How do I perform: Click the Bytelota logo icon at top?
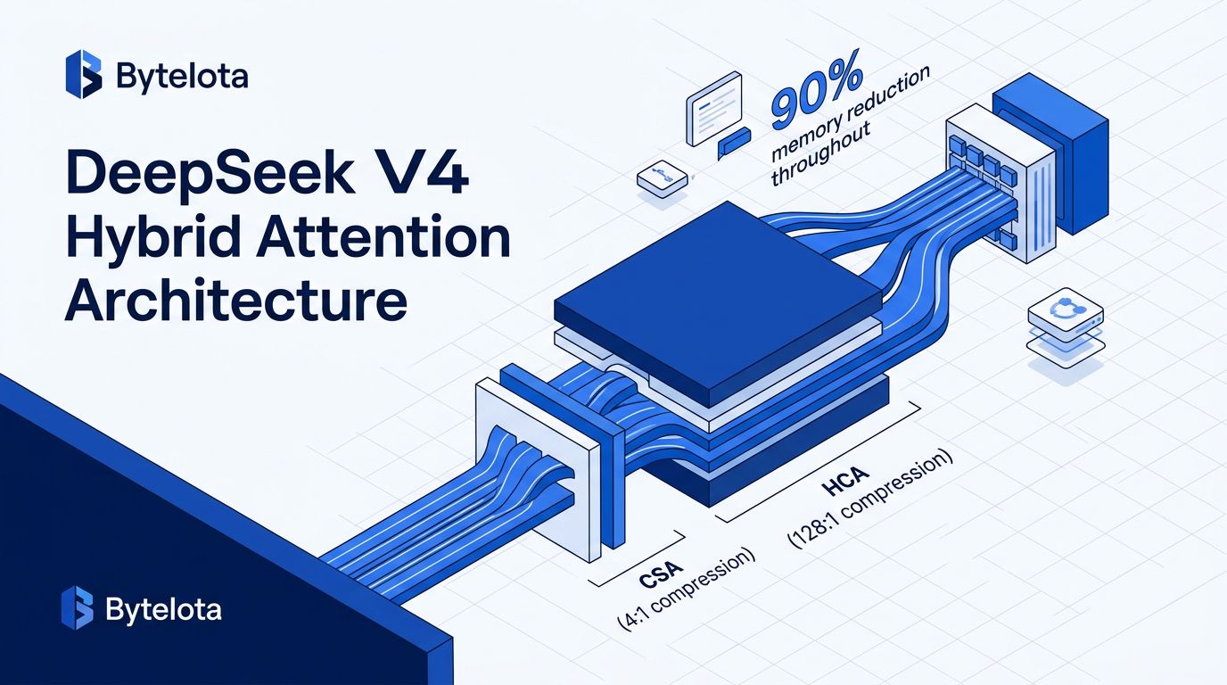[x=83, y=74]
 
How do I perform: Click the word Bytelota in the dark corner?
[x=164, y=610]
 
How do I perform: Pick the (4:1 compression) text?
[x=686, y=589]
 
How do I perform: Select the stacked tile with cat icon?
[x=1066, y=327]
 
